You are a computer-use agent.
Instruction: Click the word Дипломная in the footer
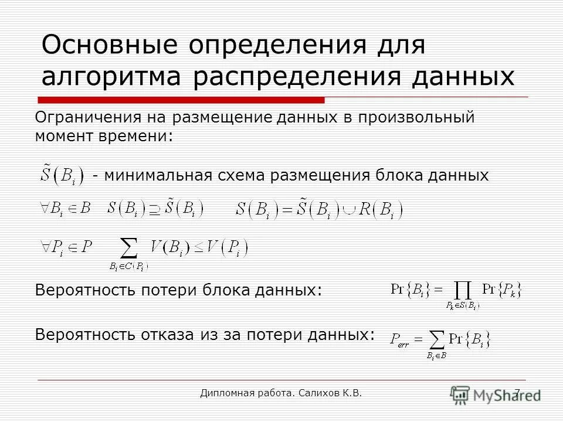[x=228, y=393]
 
